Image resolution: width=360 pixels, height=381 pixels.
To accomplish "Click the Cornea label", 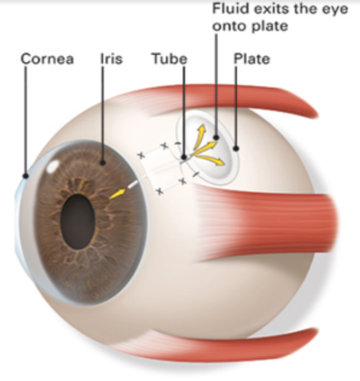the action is click(x=47, y=59).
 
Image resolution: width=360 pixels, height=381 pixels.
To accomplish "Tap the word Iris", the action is click(x=111, y=59).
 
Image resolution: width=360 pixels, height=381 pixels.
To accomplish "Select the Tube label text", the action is click(x=169, y=59).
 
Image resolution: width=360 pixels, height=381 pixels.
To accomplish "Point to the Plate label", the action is click(x=252, y=59).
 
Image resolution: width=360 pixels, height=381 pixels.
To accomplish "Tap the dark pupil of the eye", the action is click(x=77, y=222).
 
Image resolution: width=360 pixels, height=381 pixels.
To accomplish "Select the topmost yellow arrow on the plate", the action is click(x=199, y=137).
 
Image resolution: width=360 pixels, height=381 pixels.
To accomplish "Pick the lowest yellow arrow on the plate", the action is click(x=210, y=159).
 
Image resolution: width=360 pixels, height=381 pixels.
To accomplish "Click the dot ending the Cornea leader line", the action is click(x=25, y=176).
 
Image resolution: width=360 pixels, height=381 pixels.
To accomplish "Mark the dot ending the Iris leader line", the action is click(x=103, y=163).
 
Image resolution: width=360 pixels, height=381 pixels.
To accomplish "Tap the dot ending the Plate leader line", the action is click(x=235, y=149).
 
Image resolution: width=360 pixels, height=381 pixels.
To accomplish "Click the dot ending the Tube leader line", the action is click(x=184, y=158).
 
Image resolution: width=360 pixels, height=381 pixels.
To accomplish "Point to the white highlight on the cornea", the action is click(x=53, y=167).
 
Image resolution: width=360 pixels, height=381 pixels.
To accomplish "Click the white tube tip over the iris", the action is click(x=133, y=185).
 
